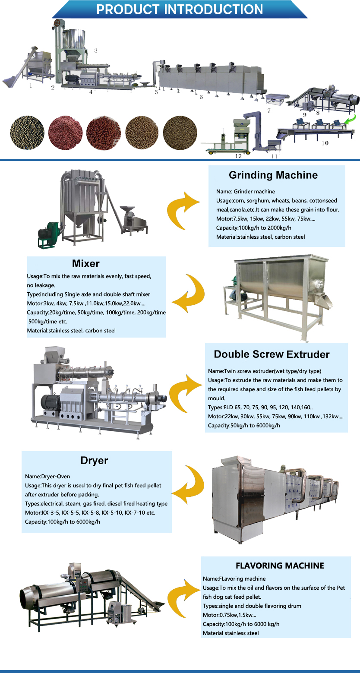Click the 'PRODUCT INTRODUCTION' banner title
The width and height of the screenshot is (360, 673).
(x=180, y=9)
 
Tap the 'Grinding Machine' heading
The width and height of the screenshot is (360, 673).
(x=273, y=175)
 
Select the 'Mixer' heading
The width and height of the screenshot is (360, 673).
(x=85, y=263)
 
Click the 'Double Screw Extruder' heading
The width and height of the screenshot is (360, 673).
(x=272, y=354)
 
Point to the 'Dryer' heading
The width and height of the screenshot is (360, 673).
(x=94, y=461)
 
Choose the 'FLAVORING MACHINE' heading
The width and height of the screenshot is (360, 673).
(x=280, y=566)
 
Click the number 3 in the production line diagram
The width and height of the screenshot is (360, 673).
(x=96, y=51)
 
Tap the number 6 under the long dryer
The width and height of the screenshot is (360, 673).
(x=201, y=97)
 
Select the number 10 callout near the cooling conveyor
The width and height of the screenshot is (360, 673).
(x=325, y=143)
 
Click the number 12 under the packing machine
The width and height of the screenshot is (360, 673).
(x=238, y=156)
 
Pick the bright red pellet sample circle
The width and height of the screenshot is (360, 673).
(x=103, y=133)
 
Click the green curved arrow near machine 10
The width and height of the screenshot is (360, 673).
(x=351, y=119)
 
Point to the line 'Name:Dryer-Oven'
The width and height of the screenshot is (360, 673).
(x=47, y=477)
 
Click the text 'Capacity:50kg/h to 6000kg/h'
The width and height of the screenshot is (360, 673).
(x=244, y=426)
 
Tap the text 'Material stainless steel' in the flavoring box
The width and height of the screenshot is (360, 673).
(x=231, y=633)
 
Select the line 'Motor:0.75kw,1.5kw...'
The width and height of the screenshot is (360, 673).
(x=230, y=615)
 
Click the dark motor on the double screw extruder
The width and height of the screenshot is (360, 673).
(x=51, y=403)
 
